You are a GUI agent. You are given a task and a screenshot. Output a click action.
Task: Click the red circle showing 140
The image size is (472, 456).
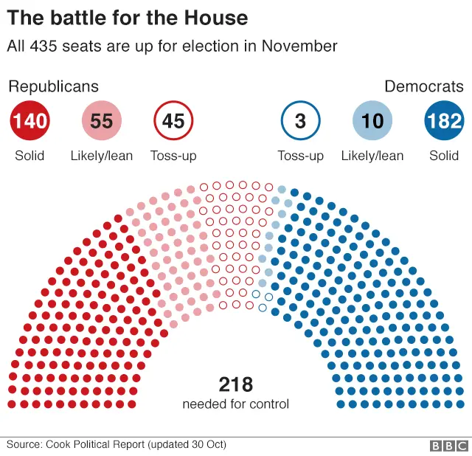[x=30, y=120]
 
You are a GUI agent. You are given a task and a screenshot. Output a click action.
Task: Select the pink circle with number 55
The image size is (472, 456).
[x=102, y=120]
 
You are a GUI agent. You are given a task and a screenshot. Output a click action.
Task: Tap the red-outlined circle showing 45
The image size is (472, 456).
[x=173, y=120]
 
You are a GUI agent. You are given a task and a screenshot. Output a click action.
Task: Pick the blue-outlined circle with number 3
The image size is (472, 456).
[x=300, y=120]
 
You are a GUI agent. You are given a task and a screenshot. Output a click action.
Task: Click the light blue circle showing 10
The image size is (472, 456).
[x=372, y=120]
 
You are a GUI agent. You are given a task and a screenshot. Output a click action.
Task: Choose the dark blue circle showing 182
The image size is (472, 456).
[x=444, y=120]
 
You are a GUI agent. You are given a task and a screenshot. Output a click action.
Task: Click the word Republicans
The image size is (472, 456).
[x=53, y=86]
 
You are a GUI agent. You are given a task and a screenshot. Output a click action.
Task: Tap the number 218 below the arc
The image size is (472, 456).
[x=236, y=384]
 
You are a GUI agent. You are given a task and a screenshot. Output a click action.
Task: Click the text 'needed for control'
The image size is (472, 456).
[x=236, y=404]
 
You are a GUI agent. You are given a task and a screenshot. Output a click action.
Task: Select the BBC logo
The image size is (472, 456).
[x=448, y=446]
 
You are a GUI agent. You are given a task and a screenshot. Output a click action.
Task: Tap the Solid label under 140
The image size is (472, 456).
[x=29, y=156]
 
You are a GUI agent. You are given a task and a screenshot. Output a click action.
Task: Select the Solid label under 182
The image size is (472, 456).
[x=444, y=156]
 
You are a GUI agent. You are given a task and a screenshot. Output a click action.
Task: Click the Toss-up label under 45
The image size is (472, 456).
[x=173, y=156]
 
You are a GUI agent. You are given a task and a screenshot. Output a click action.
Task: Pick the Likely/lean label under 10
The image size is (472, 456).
[x=372, y=156]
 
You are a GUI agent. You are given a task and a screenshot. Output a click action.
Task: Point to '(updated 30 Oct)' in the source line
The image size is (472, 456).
[x=187, y=445]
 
